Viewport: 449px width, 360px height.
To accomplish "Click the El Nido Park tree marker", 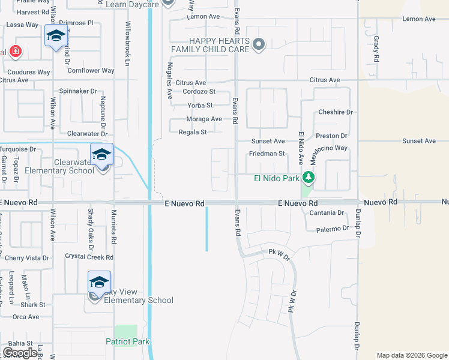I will [309, 178].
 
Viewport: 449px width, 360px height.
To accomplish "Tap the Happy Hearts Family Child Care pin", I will [259, 44].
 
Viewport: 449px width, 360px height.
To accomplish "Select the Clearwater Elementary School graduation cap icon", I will [101, 155].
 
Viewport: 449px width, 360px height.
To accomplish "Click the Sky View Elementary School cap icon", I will [100, 282].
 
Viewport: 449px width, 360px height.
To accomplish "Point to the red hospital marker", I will [15, 52].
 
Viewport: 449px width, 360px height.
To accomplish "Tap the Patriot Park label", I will [127, 341].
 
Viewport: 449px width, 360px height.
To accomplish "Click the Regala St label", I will [193, 132].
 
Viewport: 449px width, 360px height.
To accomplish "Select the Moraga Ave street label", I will [204, 119].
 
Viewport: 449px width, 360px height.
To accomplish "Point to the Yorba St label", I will [200, 106].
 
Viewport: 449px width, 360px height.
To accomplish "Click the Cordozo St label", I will [199, 92].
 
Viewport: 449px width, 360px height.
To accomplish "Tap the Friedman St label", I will [267, 154].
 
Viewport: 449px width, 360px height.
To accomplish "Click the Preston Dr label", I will [332, 136].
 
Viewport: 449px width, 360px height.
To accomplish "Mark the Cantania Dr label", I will [327, 213].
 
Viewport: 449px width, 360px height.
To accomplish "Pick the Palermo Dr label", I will [333, 229].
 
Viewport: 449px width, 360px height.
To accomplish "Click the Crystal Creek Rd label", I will [89, 257].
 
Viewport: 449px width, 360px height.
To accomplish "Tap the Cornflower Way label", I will [91, 70].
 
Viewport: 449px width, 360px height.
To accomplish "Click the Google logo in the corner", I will [20, 353].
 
